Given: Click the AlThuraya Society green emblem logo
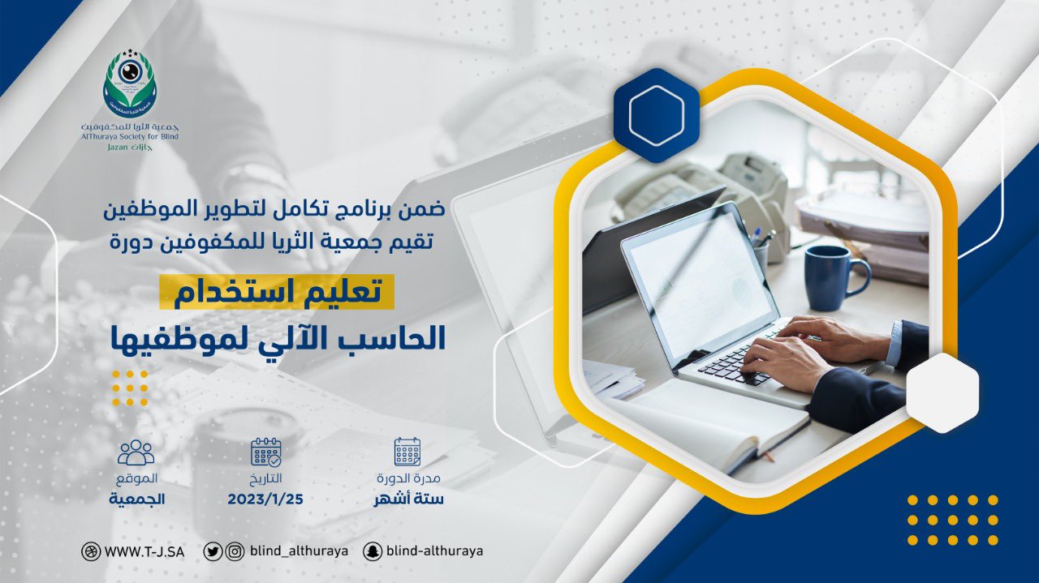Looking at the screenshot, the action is click(x=130, y=84).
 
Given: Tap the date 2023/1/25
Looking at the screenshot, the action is click(x=265, y=499).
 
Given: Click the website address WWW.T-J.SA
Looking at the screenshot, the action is click(x=144, y=552).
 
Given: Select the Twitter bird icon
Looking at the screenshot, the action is click(x=213, y=551).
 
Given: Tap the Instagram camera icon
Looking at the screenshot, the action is click(x=235, y=551).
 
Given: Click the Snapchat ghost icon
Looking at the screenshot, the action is click(x=373, y=551).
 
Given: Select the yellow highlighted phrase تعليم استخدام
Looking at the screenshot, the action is click(x=278, y=293).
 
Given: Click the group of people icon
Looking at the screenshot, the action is click(x=136, y=452).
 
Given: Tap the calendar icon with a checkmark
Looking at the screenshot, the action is click(x=266, y=452).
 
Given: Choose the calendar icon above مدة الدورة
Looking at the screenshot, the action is click(x=407, y=452).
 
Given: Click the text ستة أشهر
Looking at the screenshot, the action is click(x=408, y=499).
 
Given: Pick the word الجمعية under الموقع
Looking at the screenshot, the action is click(x=137, y=499).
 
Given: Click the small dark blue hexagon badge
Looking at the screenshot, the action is click(x=657, y=115).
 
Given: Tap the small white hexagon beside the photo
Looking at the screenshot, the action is click(x=942, y=392).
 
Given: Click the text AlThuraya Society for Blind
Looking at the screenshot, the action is click(x=130, y=137).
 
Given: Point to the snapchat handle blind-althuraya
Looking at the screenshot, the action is click(x=434, y=551).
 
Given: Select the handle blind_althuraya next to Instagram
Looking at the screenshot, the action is click(x=299, y=551).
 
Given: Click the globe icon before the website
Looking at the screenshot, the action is click(x=90, y=552).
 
